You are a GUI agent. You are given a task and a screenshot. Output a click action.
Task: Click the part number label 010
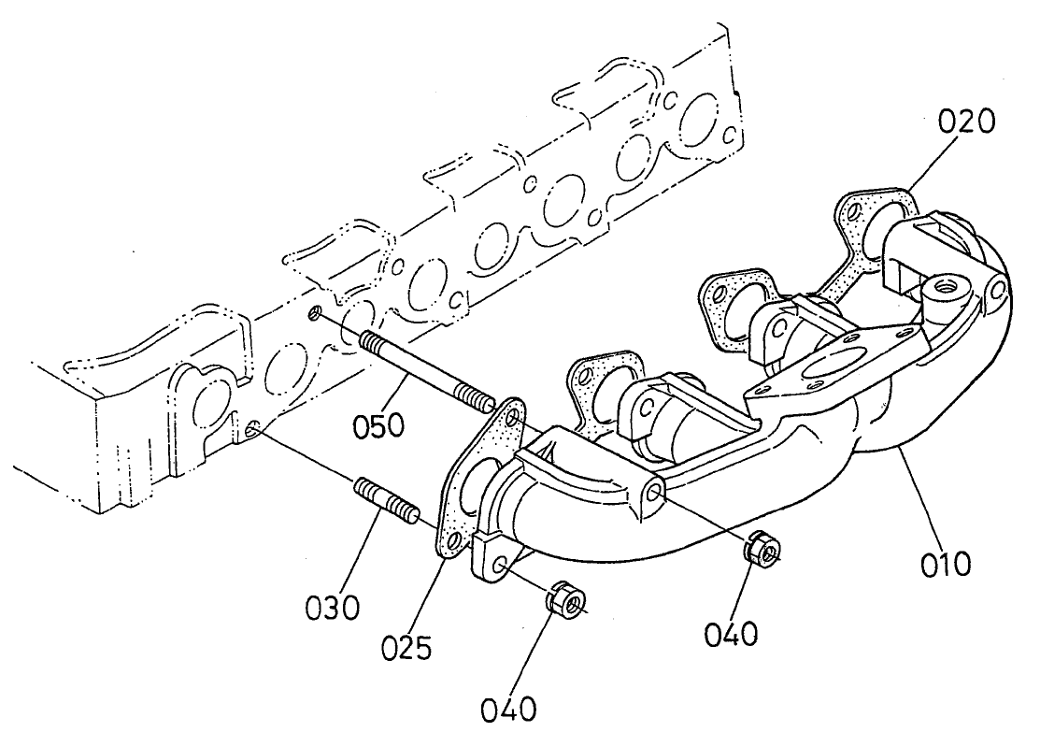[945, 565]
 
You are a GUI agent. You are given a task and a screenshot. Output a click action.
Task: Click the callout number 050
[379, 426]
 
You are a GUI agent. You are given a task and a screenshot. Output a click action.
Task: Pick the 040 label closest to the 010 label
[730, 635]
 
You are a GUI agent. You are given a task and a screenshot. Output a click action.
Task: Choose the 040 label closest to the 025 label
[510, 709]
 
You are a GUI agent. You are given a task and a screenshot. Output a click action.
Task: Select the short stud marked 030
[383, 499]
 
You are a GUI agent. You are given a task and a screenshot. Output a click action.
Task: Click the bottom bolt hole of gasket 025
[454, 541]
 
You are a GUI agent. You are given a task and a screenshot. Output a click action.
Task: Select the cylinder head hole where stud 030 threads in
[253, 429]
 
